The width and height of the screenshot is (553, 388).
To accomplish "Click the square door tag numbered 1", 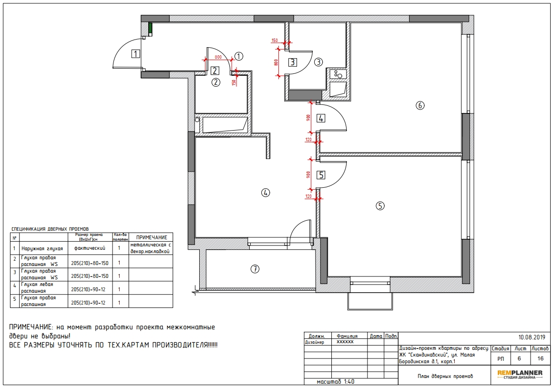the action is click(x=135, y=54).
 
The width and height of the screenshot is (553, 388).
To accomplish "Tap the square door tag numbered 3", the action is click(x=293, y=62).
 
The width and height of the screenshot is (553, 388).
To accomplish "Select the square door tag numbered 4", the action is click(x=320, y=119).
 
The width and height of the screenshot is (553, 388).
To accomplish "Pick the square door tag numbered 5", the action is click(x=320, y=175).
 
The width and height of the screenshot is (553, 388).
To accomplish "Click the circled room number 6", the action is click(x=420, y=105).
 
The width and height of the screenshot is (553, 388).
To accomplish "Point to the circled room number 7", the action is click(x=255, y=269).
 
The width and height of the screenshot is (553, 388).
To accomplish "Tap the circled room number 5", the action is click(x=380, y=205).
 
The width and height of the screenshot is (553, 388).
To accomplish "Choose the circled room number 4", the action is click(x=265, y=193).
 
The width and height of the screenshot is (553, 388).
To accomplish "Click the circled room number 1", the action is click(x=239, y=56).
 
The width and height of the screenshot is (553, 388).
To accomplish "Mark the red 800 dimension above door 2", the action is click(x=218, y=57).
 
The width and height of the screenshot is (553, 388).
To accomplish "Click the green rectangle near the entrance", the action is click(x=150, y=28).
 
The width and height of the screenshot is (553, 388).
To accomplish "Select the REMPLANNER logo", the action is click(x=520, y=374).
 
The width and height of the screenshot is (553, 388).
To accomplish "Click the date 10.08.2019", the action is click(x=532, y=337).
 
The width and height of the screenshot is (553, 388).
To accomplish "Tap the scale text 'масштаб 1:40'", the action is click(x=336, y=382).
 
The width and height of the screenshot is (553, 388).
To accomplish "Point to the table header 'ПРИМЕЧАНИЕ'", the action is click(x=152, y=237).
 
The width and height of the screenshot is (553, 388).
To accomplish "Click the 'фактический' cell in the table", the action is click(x=90, y=248).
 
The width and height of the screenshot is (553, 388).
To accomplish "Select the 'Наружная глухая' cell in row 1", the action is click(x=42, y=249).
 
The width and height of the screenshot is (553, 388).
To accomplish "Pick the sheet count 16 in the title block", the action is click(x=540, y=358).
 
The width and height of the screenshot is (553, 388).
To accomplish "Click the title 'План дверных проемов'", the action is click(x=445, y=377).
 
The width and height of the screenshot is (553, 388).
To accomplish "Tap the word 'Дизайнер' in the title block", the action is click(x=314, y=342).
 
